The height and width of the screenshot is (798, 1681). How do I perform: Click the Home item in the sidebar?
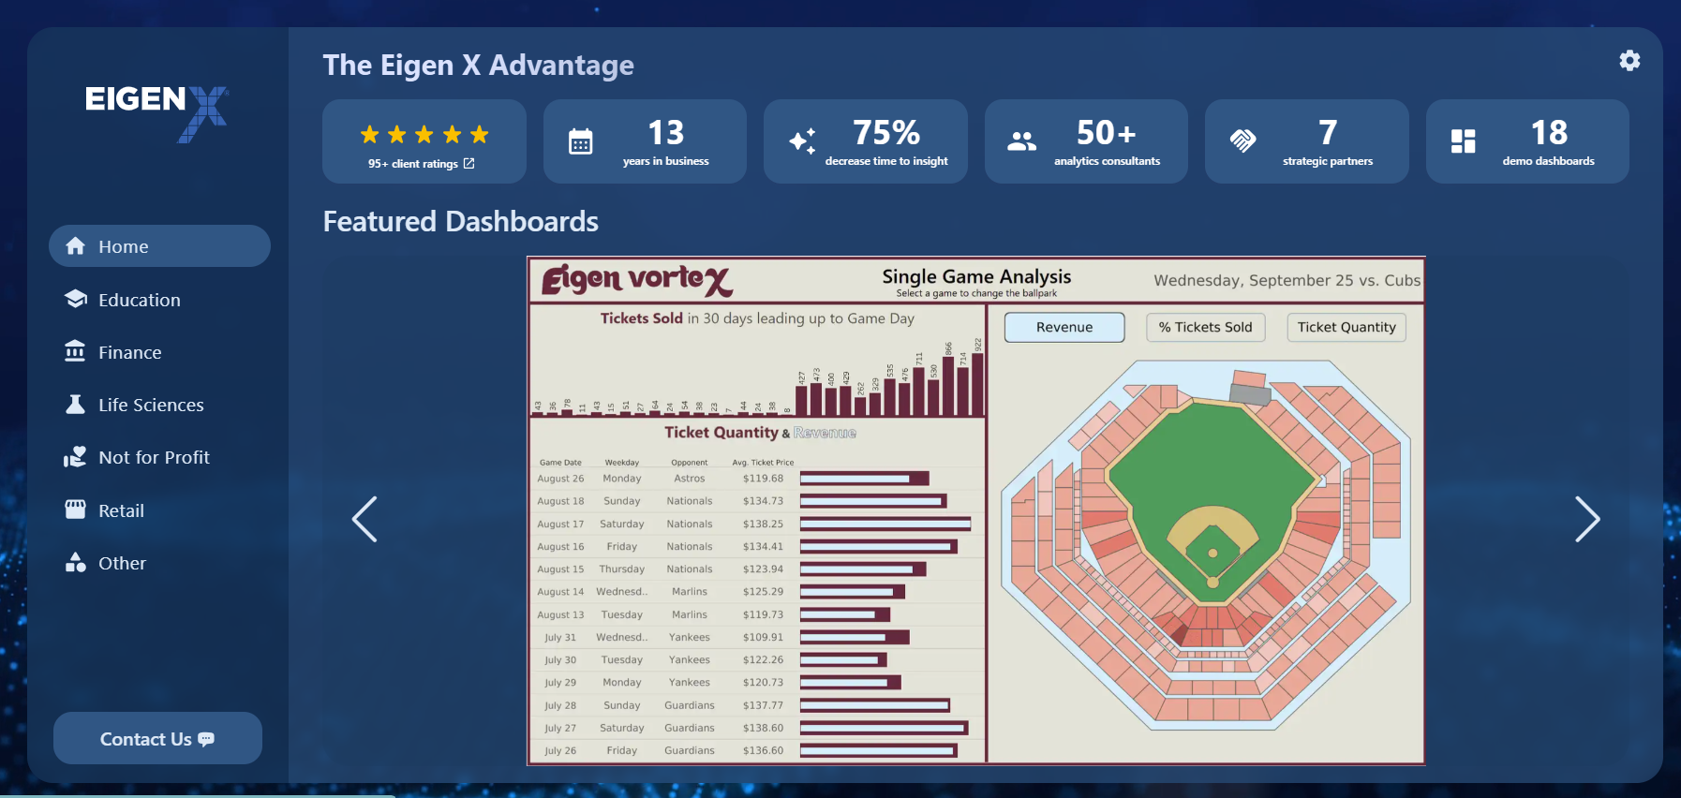tap(159, 246)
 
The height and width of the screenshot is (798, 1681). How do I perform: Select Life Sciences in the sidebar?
tap(150, 405)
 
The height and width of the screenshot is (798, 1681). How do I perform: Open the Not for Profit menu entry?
tap(154, 457)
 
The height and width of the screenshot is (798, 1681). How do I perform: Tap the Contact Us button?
tap(157, 739)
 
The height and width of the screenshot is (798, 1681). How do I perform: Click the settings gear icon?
tap(1629, 61)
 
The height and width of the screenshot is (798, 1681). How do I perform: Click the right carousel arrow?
tap(1586, 519)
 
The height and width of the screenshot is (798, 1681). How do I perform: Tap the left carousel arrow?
tap(364, 519)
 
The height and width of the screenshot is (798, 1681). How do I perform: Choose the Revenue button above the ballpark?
tap(1064, 327)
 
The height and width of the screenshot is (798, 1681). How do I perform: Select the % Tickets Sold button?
tap(1205, 327)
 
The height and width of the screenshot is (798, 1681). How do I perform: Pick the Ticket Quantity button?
tap(1346, 327)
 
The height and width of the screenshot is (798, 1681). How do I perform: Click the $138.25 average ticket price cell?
tap(763, 525)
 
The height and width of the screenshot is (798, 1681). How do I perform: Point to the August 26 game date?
tap(560, 479)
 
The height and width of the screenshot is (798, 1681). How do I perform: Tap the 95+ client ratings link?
tap(422, 164)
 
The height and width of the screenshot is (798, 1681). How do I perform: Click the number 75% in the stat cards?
tap(886, 133)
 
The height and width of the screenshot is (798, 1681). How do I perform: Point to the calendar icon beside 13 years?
tap(581, 141)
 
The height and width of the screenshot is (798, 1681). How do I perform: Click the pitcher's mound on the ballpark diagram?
tap(1212, 553)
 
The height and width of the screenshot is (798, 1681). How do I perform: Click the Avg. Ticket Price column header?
tap(763, 463)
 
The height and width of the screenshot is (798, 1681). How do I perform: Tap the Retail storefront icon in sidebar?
tap(75, 510)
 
